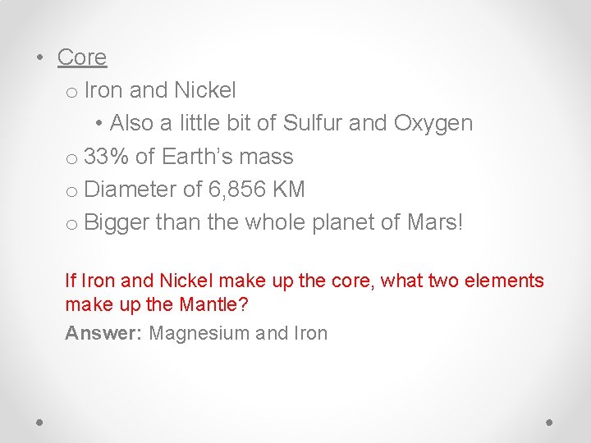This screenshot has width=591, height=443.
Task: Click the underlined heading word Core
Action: pyautogui.click(x=82, y=57)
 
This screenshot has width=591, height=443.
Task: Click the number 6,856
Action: pyautogui.click(x=238, y=190)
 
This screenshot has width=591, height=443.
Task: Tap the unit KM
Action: pyautogui.click(x=289, y=190)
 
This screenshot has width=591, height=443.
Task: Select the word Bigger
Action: pyautogui.click(x=117, y=223)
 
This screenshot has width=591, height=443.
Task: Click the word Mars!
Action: pyautogui.click(x=435, y=223)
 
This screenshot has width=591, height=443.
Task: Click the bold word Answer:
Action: pyautogui.click(x=104, y=333)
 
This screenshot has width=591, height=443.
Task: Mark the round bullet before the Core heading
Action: pyautogui.click(x=40, y=58)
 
